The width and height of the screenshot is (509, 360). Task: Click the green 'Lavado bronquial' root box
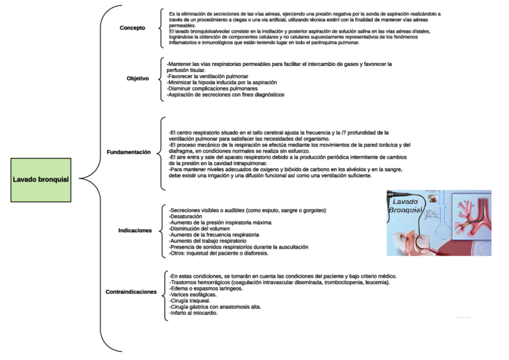(41, 179)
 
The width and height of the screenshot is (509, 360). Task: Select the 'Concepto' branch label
(132, 28)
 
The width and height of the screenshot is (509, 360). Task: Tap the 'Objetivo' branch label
(137, 79)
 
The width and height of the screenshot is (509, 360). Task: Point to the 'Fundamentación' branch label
(128, 152)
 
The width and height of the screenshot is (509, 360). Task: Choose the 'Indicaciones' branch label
(135, 230)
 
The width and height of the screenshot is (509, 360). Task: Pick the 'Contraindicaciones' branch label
(131, 292)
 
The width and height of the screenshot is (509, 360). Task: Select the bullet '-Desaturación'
(190, 217)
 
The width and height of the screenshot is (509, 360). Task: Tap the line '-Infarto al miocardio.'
(193, 313)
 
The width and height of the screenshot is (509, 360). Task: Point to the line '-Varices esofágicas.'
(193, 295)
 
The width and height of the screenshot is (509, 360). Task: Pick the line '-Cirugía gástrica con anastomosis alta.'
(216, 307)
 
